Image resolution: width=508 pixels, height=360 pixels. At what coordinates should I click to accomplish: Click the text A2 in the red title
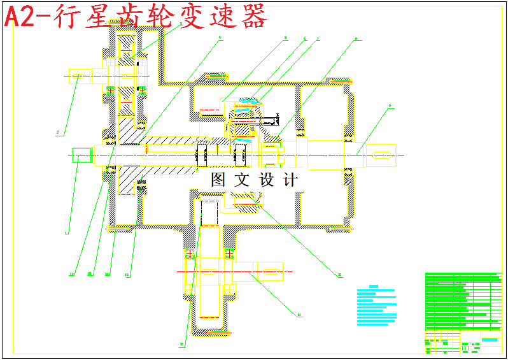click(18, 17)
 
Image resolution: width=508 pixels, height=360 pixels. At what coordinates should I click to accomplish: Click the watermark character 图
click(218, 180)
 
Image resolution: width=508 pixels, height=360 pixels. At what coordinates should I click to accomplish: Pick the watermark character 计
click(290, 180)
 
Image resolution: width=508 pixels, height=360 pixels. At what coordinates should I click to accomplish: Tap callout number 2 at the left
click(58, 133)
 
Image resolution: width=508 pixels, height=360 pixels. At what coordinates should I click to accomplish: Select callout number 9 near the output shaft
click(390, 106)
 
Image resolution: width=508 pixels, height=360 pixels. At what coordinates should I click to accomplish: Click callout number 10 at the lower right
click(340, 275)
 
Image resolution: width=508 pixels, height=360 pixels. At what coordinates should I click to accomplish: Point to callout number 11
click(299, 314)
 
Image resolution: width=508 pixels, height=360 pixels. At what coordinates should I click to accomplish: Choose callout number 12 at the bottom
click(182, 345)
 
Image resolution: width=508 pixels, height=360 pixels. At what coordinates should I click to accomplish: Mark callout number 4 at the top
click(220, 38)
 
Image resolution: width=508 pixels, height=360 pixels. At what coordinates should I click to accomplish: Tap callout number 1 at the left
click(66, 233)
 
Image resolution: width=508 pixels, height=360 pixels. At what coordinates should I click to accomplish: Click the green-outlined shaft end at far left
click(81, 155)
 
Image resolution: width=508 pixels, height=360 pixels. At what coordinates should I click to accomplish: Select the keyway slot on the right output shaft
click(381, 154)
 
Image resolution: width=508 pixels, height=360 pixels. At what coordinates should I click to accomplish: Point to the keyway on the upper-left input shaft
click(78, 76)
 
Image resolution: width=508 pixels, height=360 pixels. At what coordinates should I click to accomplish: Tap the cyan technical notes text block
click(376, 305)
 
